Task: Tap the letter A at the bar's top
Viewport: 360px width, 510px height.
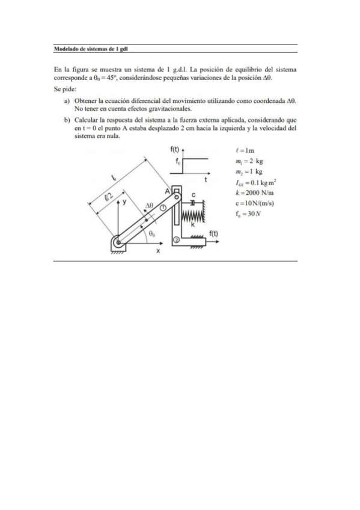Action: pyautogui.click(x=169, y=190)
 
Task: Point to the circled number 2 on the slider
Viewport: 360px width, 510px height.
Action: pyautogui.click(x=176, y=239)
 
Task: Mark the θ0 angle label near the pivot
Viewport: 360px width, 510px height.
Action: pyautogui.click(x=153, y=233)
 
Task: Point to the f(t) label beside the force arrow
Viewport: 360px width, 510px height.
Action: pyautogui.click(x=213, y=233)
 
